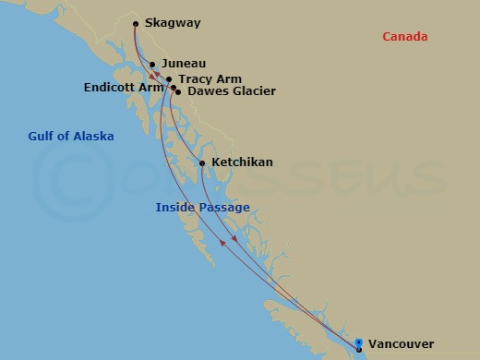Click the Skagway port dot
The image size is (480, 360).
137,24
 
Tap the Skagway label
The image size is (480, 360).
174,24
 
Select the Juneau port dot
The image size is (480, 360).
152,65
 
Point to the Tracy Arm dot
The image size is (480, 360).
169,79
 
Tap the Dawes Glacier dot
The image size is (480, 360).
177,92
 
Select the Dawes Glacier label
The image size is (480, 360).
218,92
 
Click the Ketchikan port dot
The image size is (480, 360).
202,163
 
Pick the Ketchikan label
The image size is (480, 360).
242,162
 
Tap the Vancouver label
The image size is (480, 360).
401,344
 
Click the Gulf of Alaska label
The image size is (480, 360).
70,137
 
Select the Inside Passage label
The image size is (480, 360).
202,207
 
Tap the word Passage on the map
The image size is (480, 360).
225,207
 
